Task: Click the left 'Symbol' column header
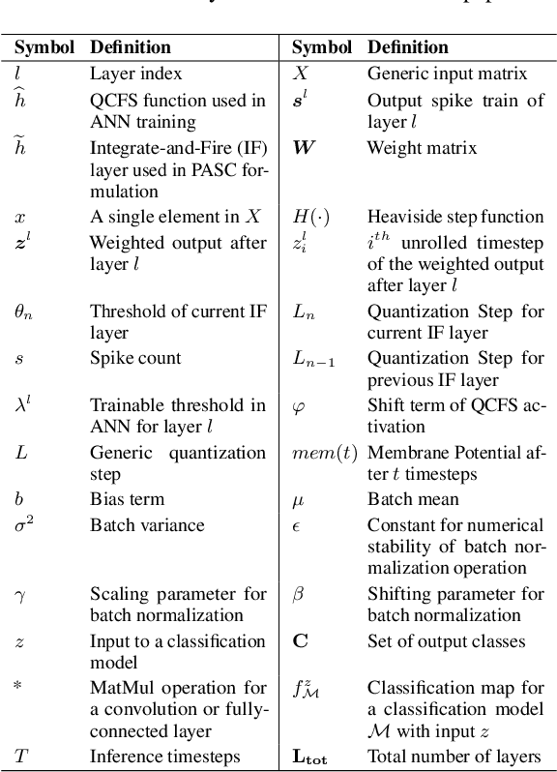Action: pos(44,46)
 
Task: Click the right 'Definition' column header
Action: pos(409,46)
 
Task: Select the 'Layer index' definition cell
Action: pos(135,73)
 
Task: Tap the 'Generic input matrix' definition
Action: pos(446,73)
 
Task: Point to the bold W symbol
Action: pos(305,148)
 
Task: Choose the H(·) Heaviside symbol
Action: pos(310,217)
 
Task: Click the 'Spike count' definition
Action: pos(135,358)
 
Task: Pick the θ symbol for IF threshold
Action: pos(22,312)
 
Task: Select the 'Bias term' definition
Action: pos(127,499)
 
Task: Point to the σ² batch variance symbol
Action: pos(25,524)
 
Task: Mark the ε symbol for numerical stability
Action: pos(297,524)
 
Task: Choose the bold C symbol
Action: pos(300,641)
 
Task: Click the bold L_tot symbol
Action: pos(309,758)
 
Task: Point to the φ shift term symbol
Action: pos(298,406)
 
